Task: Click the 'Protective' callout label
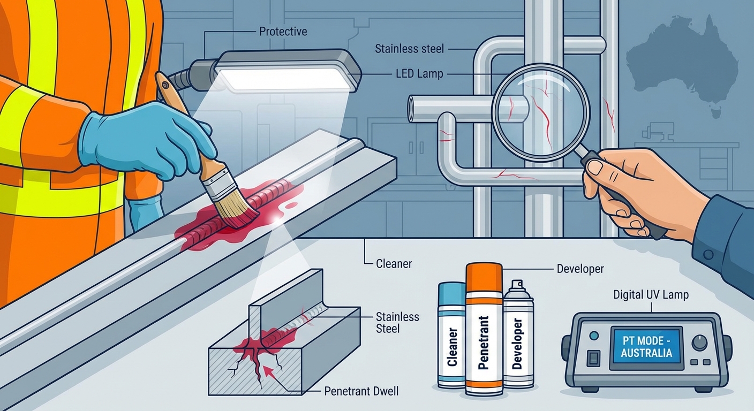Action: (x=283, y=32)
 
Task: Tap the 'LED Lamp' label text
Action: (x=419, y=74)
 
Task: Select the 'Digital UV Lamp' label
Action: (x=651, y=295)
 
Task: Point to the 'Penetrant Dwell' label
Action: (x=361, y=391)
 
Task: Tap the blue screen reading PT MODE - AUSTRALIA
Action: (x=646, y=347)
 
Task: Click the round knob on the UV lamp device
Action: (x=700, y=343)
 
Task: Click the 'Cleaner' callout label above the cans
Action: (x=394, y=264)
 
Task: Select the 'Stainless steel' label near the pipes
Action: (x=409, y=49)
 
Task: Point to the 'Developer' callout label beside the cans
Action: (x=580, y=269)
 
